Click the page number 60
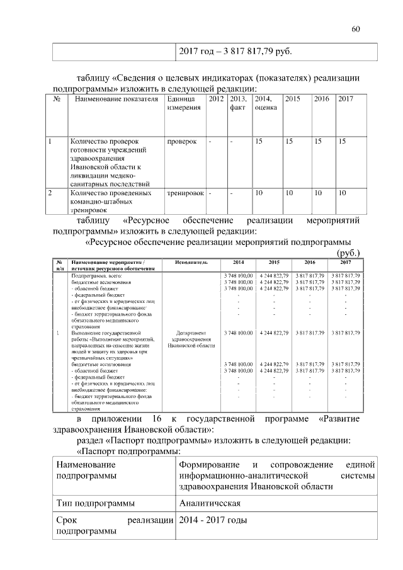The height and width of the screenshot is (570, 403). [356, 29]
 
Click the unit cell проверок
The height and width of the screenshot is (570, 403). [182, 142]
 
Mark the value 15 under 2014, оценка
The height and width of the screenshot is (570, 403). [258, 142]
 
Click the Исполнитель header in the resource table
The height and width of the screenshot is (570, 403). [192, 262]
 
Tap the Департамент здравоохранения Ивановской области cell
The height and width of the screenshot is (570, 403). [192, 339]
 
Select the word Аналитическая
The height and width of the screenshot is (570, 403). [210, 504]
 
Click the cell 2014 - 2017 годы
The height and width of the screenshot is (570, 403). [213, 521]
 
